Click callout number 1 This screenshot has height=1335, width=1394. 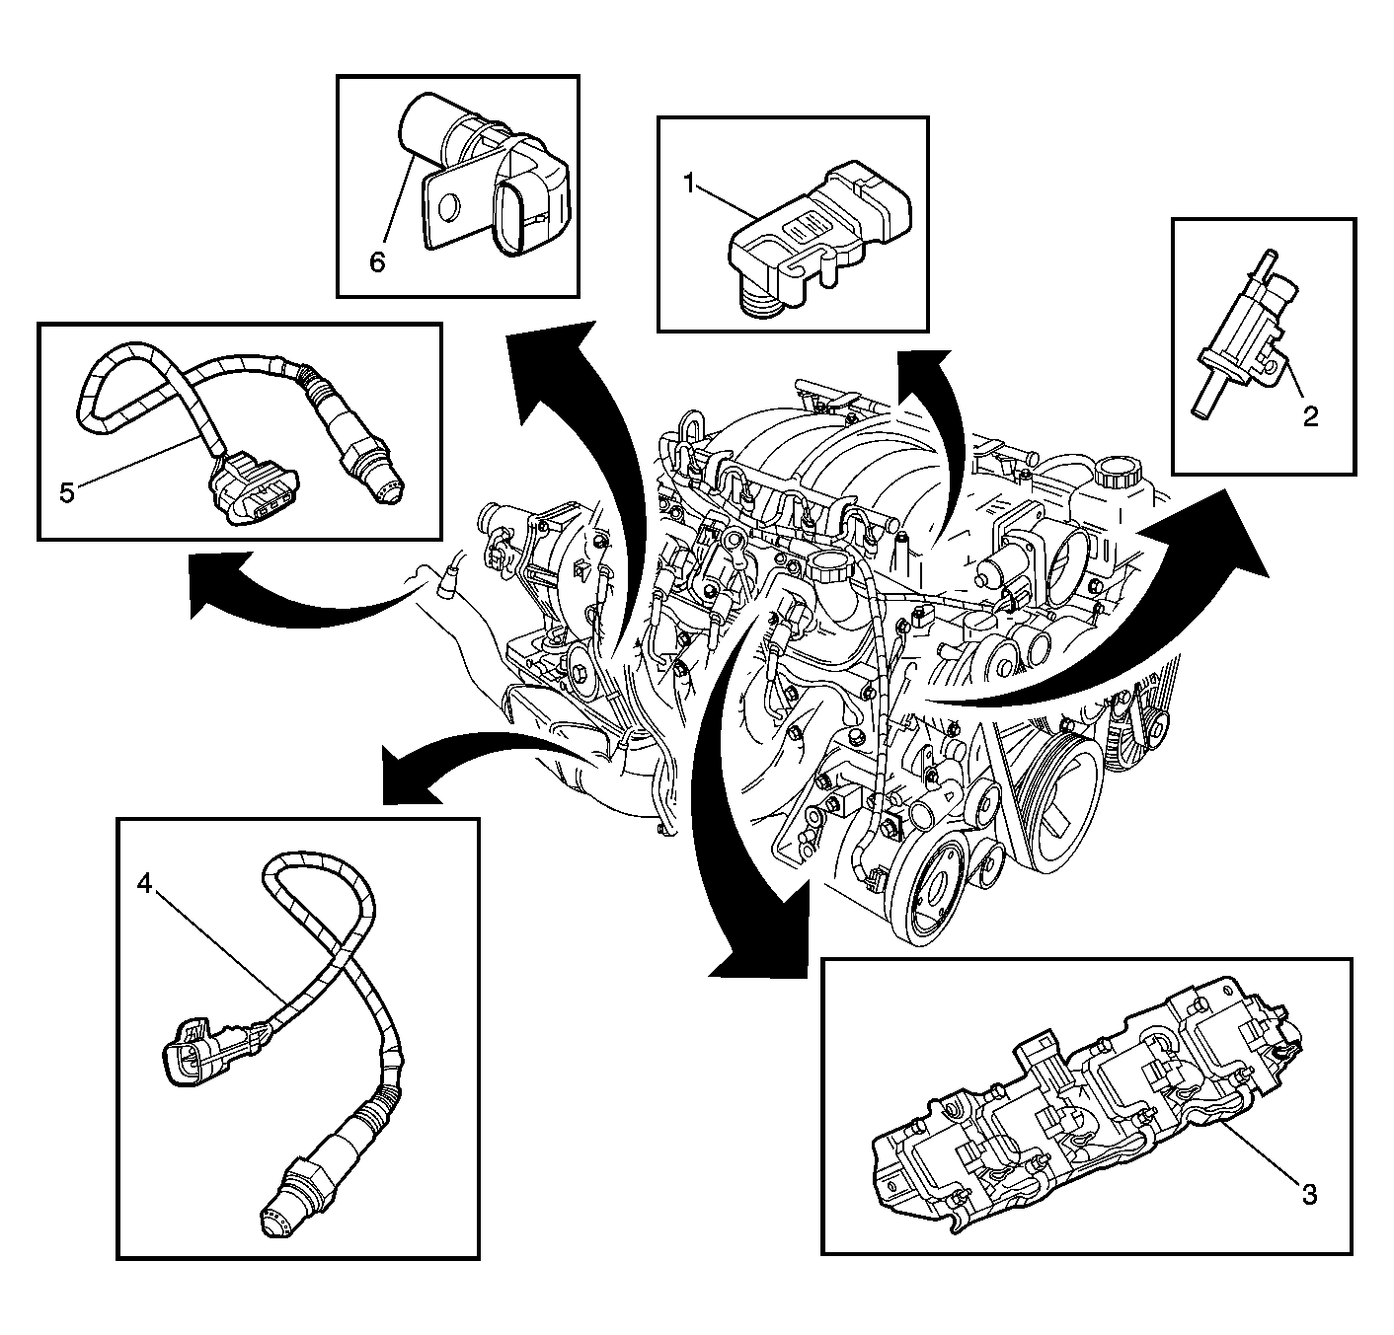(690, 185)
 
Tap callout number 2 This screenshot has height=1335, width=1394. (1310, 416)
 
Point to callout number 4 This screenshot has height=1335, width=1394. (145, 885)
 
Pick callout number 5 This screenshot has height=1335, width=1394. (66, 493)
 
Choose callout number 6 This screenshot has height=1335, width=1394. (377, 262)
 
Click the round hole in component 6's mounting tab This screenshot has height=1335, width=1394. (448, 208)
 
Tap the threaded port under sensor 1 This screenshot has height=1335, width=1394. (761, 301)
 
